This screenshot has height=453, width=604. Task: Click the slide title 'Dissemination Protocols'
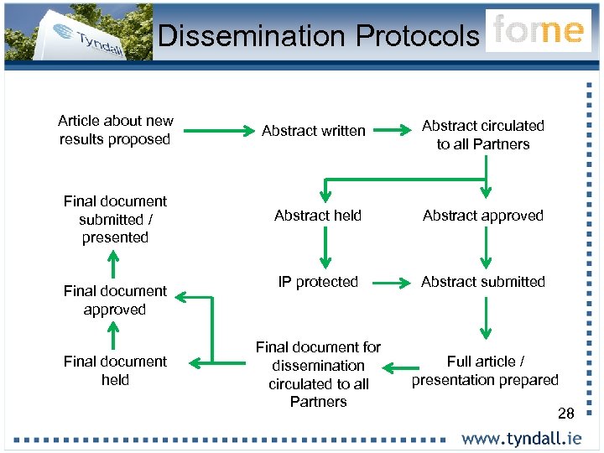tap(318, 35)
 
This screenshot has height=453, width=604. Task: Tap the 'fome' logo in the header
tap(538, 30)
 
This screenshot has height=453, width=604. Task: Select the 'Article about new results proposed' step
tap(115, 130)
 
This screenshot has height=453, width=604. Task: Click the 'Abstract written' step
tap(314, 131)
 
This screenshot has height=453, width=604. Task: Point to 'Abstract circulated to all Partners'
tap(482, 135)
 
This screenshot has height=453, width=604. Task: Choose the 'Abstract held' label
tap(318, 216)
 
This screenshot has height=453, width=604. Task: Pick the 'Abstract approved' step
tap(483, 216)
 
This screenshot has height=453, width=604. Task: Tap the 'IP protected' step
tap(318, 282)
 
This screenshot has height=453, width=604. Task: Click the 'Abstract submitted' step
tap(483, 282)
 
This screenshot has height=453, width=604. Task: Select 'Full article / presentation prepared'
tap(485, 371)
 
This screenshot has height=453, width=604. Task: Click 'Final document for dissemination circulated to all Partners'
tap(318, 374)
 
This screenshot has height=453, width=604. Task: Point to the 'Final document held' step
tap(115, 371)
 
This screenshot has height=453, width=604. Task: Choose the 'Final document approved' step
tap(115, 300)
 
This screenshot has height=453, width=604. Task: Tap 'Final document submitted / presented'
tap(115, 219)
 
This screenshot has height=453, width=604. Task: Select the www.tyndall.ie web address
tap(521, 438)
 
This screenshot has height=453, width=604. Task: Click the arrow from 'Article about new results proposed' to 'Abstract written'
tap(214, 131)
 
